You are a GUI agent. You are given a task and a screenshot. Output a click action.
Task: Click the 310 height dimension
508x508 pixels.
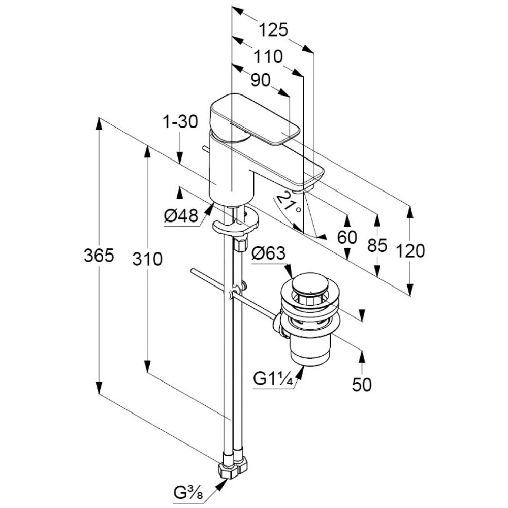click(147, 259)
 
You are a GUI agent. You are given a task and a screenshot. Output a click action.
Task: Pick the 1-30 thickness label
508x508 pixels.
click(179, 122)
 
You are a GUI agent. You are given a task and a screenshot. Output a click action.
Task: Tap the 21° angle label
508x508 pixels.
click(293, 202)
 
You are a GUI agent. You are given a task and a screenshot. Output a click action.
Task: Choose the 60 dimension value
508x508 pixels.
click(347, 238)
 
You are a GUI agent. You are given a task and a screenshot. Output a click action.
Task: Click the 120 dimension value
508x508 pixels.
click(410, 250)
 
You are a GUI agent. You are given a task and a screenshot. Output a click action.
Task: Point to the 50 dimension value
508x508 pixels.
click(362, 385)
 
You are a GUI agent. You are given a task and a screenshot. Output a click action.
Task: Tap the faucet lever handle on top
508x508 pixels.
click(254, 119)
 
